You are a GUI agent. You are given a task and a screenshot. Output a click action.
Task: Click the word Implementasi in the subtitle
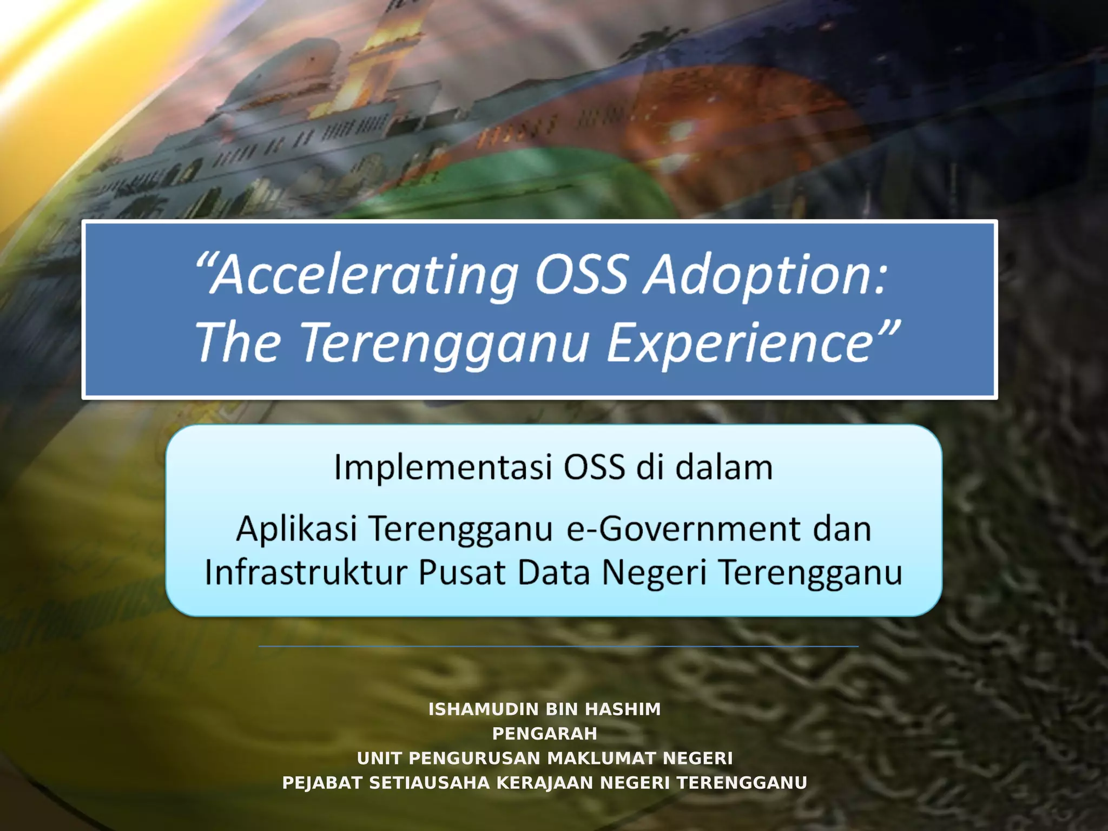443,467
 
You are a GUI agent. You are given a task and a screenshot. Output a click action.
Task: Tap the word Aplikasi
296,529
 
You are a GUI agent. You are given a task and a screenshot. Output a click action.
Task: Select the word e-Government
683,529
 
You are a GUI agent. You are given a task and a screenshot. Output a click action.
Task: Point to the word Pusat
462,572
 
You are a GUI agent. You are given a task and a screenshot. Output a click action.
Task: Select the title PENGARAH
544,734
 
